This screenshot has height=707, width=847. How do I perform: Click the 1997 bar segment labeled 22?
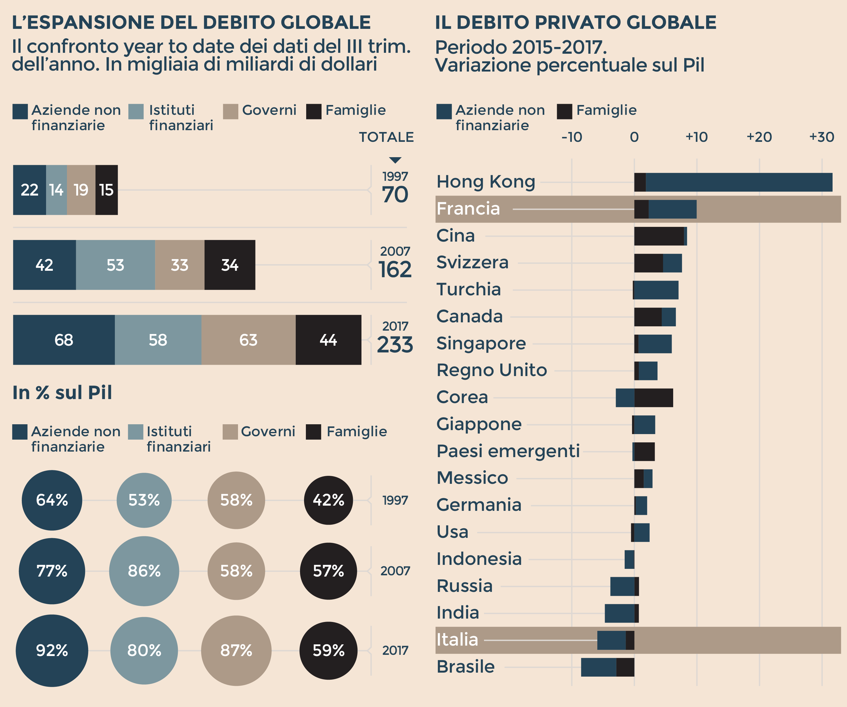(29, 190)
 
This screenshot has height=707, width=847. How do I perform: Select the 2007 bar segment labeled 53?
(115, 265)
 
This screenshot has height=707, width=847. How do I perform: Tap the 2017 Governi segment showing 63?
(248, 340)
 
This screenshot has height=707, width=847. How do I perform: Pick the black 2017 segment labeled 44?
(328, 340)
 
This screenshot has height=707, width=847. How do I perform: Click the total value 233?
(395, 345)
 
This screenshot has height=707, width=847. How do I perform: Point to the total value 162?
(395, 270)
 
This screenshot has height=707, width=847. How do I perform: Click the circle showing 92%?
(52, 650)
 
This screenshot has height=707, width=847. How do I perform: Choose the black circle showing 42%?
(328, 500)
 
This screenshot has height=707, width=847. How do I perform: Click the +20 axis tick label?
(759, 137)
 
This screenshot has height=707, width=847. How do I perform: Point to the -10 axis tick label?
(572, 137)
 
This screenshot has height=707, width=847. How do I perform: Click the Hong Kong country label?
(486, 182)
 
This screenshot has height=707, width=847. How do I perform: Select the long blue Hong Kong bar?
(739, 182)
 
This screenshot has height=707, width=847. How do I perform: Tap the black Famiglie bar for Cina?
(659, 236)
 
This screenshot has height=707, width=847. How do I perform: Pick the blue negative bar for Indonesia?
(629, 559)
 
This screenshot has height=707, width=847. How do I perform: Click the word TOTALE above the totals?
(386, 137)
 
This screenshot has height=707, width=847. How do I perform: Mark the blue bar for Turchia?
(656, 290)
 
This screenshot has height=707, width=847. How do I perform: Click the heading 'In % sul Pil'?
(62, 393)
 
